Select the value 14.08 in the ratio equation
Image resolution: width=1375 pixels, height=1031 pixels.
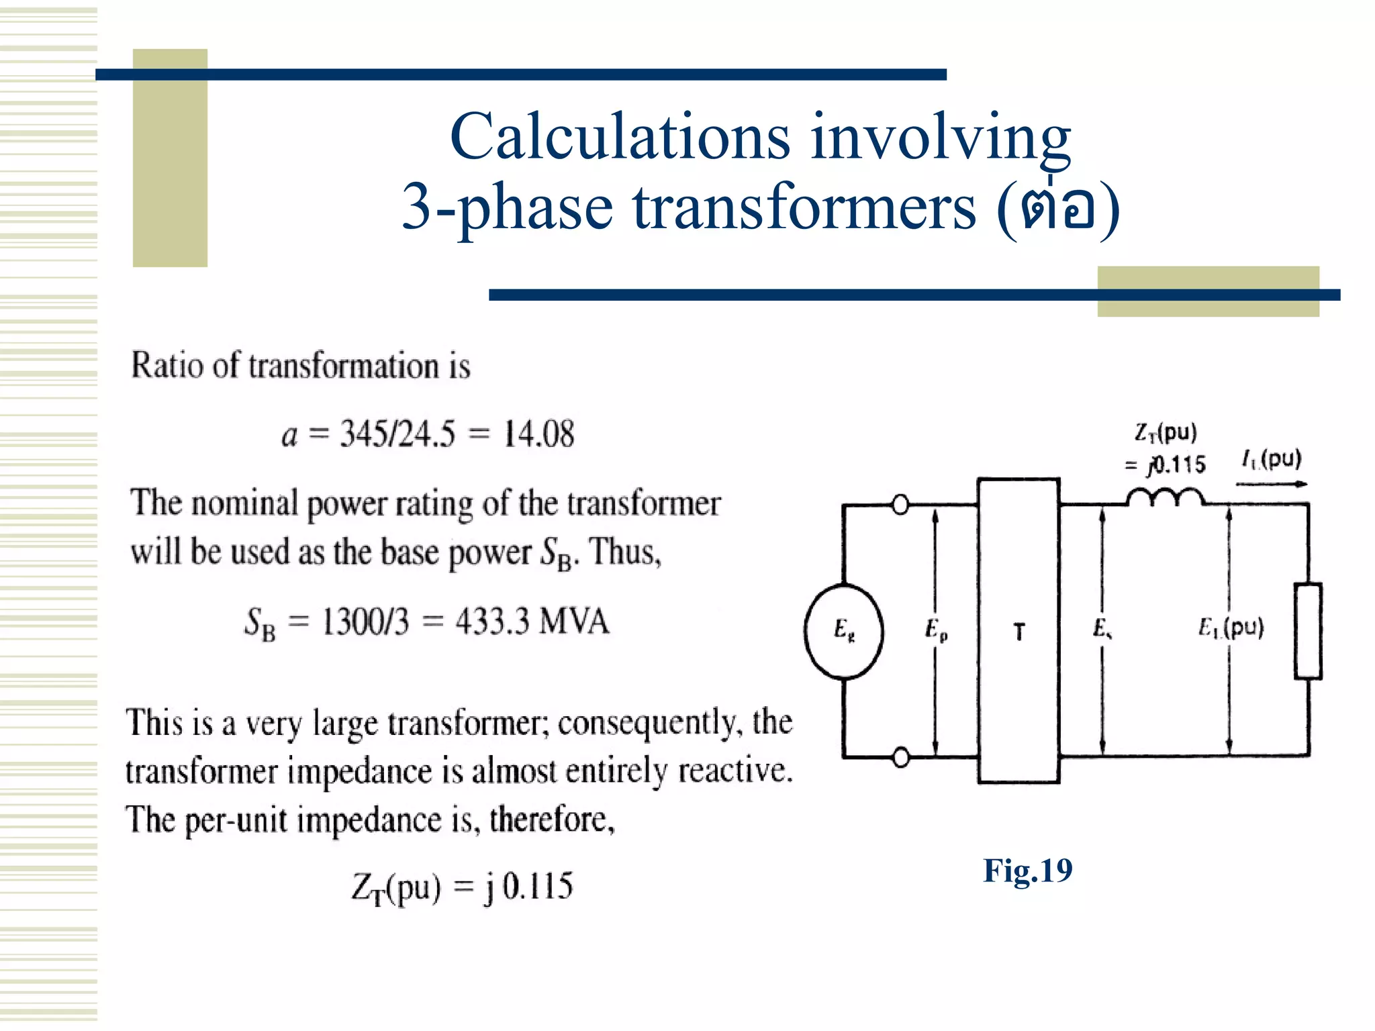(538, 434)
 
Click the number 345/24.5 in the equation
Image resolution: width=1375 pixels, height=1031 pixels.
(397, 434)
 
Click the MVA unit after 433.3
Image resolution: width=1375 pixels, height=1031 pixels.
(574, 622)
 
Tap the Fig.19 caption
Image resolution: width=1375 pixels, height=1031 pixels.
(1027, 871)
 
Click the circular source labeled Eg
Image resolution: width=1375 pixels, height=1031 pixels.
(844, 632)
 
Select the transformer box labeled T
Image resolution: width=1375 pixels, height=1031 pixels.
(1018, 631)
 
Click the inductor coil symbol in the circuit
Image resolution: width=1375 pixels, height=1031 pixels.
(1165, 498)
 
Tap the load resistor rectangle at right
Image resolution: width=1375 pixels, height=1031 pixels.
(1308, 631)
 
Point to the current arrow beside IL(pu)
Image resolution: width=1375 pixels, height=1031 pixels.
(1271, 484)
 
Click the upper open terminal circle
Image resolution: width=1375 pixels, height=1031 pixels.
(900, 504)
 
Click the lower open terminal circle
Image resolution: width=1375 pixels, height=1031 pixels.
(901, 757)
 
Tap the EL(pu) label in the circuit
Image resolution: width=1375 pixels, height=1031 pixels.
(1231, 628)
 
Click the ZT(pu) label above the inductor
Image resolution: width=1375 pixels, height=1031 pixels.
(1166, 432)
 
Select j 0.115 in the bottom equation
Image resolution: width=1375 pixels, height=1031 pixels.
(528, 886)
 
